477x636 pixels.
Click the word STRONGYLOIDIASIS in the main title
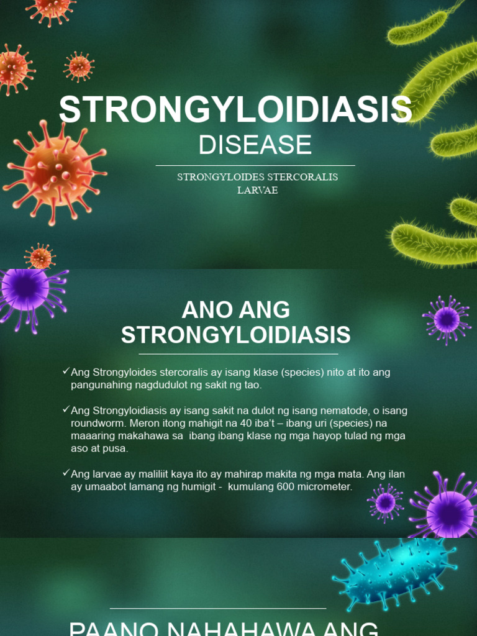pos(235,110)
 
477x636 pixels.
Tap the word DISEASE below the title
pos(255,145)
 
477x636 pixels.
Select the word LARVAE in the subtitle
pos(257,191)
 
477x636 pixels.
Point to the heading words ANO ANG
pos(235,310)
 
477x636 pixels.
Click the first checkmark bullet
pos(66,371)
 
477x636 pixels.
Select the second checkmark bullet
pos(66,409)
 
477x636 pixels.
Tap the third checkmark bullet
pos(66,473)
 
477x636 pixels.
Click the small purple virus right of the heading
pos(446,320)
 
